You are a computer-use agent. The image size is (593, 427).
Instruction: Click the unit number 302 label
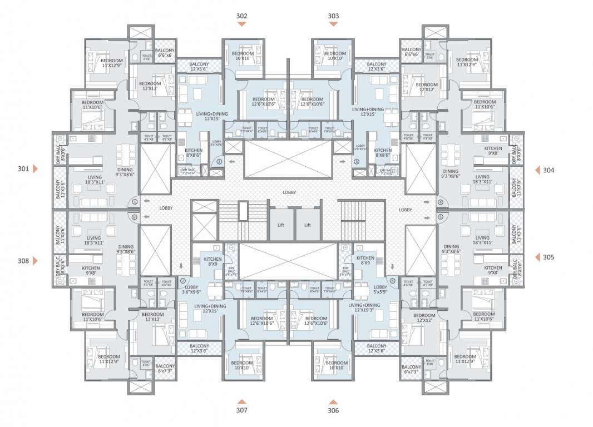tap(241, 16)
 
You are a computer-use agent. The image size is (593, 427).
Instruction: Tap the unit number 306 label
tap(333, 410)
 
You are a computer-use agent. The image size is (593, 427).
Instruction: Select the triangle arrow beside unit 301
tap(36, 168)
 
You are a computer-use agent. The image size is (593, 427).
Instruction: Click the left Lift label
tap(281, 225)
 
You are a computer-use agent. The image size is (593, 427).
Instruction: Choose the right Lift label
tap(307, 225)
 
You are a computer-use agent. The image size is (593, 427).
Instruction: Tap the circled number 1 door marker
tap(134, 202)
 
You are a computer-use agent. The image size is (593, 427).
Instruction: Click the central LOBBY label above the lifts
tap(289, 192)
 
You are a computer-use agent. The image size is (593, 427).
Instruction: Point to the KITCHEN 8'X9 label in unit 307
tap(213, 262)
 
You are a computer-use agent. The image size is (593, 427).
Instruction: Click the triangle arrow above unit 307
tap(241, 401)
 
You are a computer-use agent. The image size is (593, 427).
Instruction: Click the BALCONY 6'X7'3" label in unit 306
tap(412, 370)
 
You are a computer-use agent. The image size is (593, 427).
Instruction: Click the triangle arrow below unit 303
tap(333, 25)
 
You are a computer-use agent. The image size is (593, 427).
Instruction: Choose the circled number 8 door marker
tap(134, 217)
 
